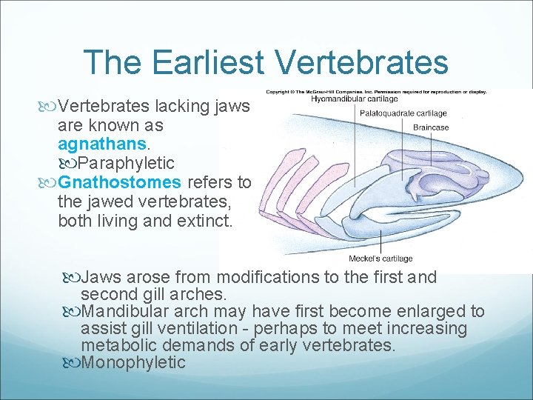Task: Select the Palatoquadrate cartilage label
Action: click(403, 113)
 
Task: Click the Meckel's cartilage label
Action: click(381, 259)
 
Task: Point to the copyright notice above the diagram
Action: click(376, 91)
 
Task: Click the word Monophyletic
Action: click(133, 362)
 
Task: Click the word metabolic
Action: click(122, 345)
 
